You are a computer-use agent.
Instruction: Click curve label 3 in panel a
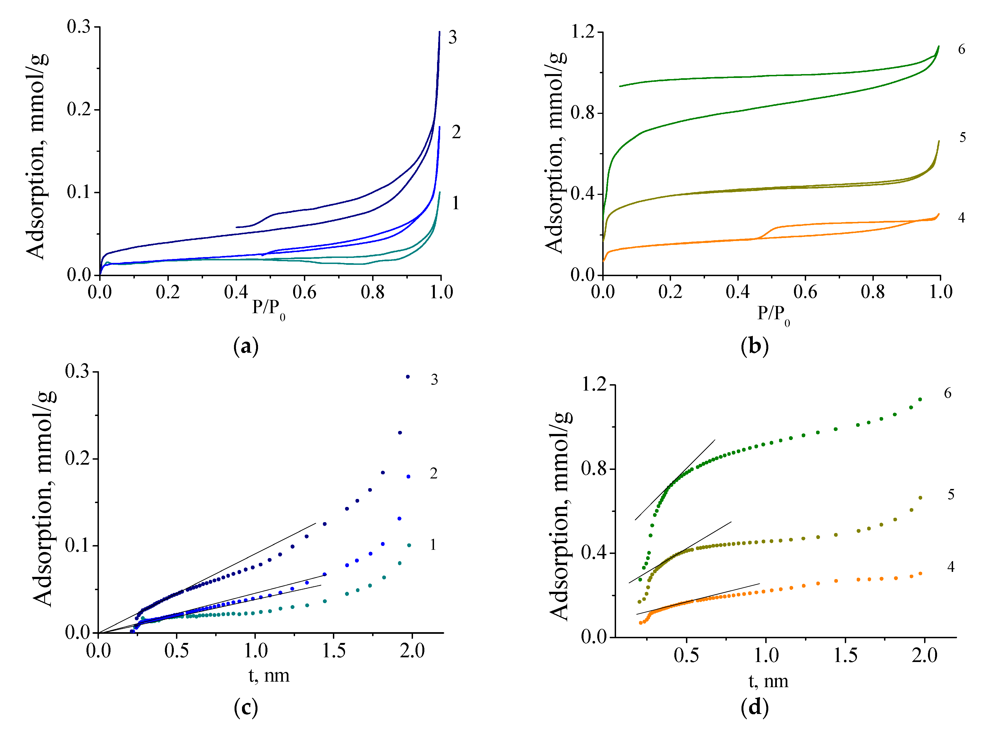point(452,38)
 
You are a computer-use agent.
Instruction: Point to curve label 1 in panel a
point(455,203)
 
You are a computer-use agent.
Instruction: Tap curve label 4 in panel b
point(961,218)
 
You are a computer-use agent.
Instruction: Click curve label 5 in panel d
point(951,494)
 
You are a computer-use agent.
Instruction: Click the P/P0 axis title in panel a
point(268,308)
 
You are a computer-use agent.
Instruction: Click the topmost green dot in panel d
point(920,399)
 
